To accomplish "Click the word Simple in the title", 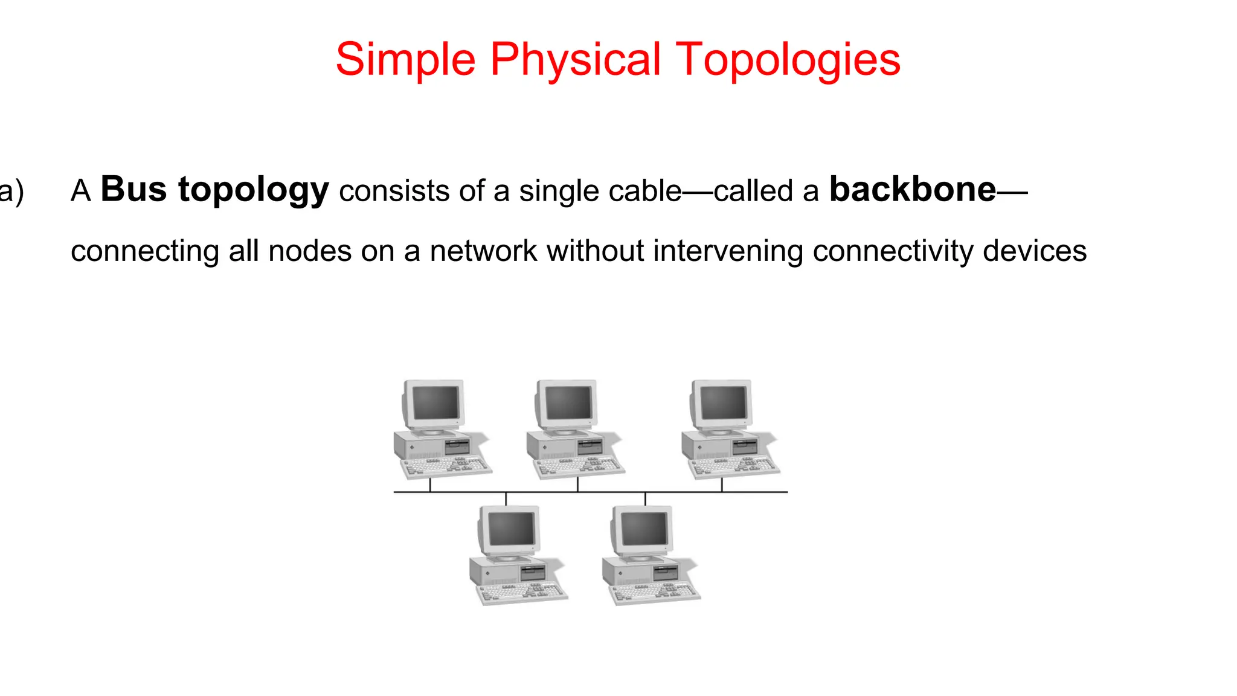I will tap(405, 60).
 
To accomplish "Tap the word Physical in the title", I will tap(575, 60).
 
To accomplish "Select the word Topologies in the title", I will tap(788, 60).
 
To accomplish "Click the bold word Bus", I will tap(133, 190).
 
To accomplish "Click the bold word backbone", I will tap(913, 190).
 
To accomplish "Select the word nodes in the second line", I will tap(310, 251).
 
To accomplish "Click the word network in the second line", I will tap(483, 251).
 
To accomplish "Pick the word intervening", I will tap(728, 251).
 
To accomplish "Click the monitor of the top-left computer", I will tap(434, 403).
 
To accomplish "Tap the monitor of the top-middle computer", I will tap(567, 403).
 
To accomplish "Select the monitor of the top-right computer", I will tap(722, 403).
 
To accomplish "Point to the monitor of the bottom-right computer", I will tap(643, 529).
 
